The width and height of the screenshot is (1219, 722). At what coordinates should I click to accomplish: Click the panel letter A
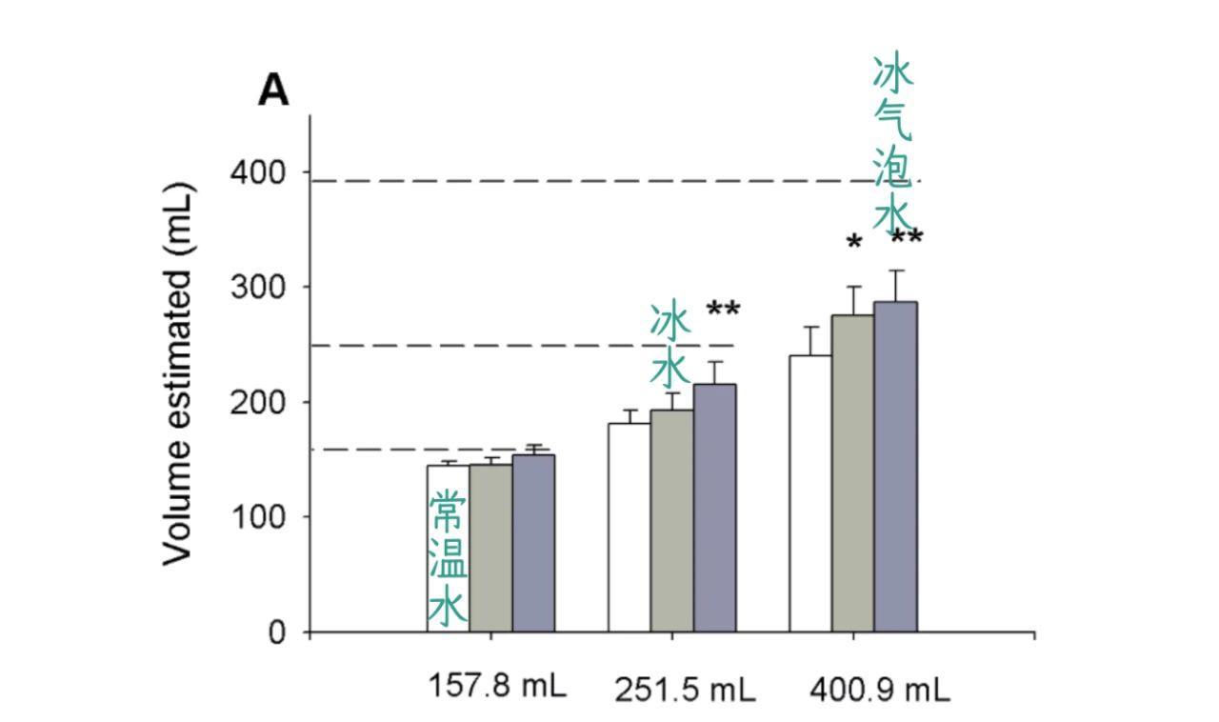pyautogui.click(x=273, y=90)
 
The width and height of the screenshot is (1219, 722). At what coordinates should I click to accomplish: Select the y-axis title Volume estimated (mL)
pyautogui.click(x=179, y=373)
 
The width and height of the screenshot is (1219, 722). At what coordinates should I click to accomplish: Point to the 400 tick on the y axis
pyautogui.click(x=257, y=172)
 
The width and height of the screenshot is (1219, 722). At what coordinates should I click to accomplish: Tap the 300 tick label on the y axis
pyautogui.click(x=257, y=287)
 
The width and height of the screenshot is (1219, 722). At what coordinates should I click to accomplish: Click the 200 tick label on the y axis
pyautogui.click(x=257, y=402)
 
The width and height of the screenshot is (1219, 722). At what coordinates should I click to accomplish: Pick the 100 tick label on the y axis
pyautogui.click(x=257, y=517)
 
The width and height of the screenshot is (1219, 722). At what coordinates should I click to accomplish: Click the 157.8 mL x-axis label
pyautogui.click(x=496, y=685)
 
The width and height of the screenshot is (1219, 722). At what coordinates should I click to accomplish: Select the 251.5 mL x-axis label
pyautogui.click(x=684, y=689)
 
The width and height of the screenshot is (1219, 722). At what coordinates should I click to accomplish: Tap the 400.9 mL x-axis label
pyautogui.click(x=879, y=689)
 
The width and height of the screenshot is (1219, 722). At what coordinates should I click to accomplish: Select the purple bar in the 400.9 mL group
pyautogui.click(x=895, y=467)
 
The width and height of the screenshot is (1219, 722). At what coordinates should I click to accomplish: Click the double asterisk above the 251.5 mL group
pyautogui.click(x=723, y=310)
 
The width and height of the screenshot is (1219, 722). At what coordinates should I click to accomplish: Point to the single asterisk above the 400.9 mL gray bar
pyautogui.click(x=854, y=244)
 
